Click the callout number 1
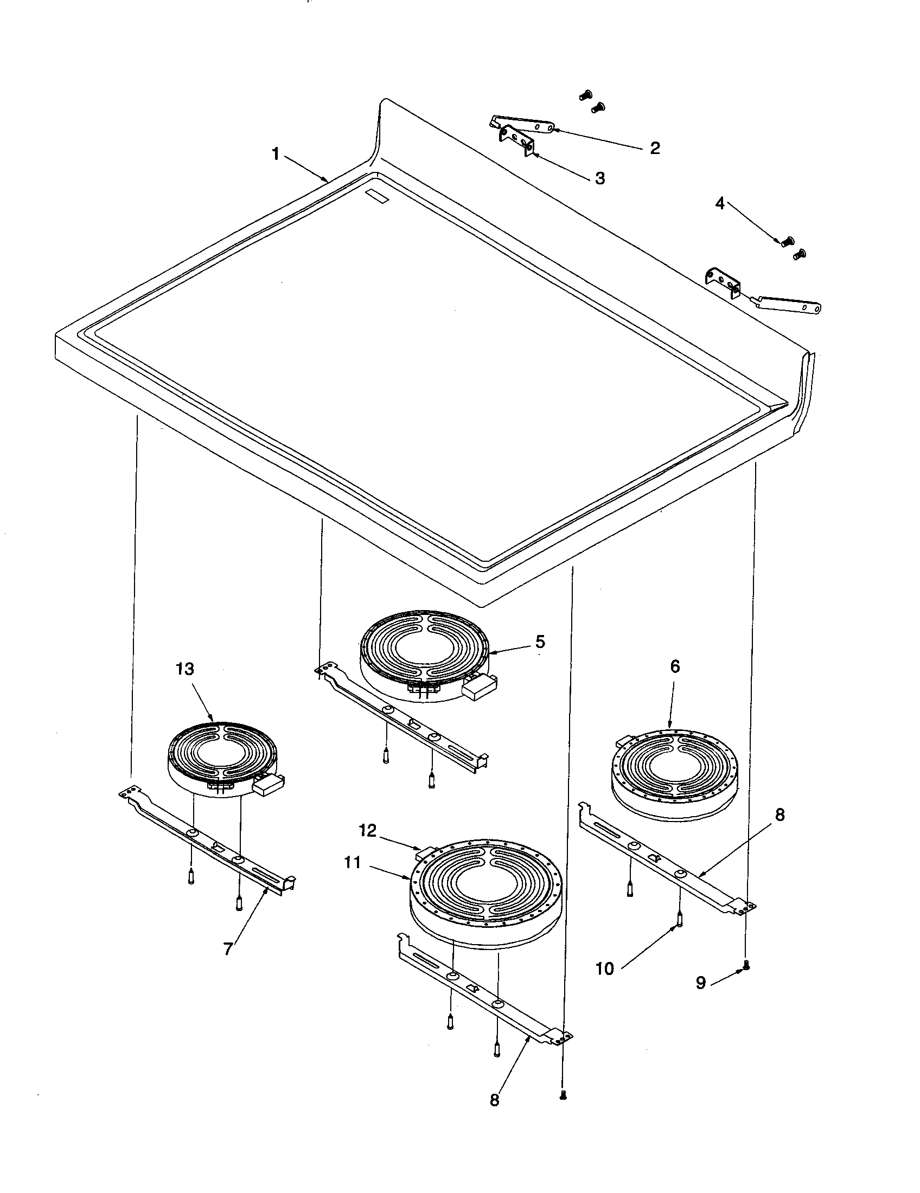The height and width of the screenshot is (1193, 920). pyautogui.click(x=276, y=155)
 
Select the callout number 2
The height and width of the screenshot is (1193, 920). pyautogui.click(x=655, y=148)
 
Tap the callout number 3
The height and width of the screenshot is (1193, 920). pyautogui.click(x=600, y=178)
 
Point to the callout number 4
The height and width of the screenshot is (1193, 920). pyautogui.click(x=720, y=204)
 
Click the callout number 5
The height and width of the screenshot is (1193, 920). pyautogui.click(x=540, y=642)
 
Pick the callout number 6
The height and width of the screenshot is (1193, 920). pyautogui.click(x=675, y=666)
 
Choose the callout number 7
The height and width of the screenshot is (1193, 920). pyautogui.click(x=228, y=949)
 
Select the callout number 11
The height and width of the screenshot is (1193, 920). pyautogui.click(x=353, y=863)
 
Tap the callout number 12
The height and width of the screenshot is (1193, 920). pyautogui.click(x=368, y=831)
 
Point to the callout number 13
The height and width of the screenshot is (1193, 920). pyautogui.click(x=185, y=669)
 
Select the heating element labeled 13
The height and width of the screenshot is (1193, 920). pyautogui.click(x=221, y=756)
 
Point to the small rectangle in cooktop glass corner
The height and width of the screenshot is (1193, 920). pyautogui.click(x=376, y=197)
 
